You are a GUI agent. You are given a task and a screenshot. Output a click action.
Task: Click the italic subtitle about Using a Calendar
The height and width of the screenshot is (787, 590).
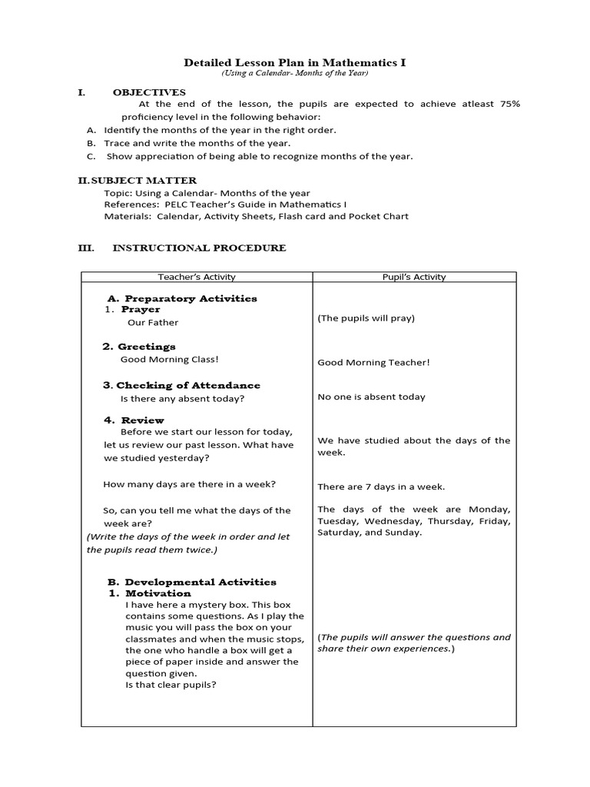coord(295,73)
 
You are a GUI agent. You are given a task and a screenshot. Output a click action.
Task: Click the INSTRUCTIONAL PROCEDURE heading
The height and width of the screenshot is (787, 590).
coord(199,248)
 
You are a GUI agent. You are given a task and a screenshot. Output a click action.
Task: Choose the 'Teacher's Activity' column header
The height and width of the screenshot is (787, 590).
coord(197,277)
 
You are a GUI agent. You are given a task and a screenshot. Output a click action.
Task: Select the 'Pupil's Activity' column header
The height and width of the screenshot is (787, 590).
coord(414,277)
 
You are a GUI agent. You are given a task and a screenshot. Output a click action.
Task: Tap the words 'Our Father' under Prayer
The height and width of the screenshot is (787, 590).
coord(153,323)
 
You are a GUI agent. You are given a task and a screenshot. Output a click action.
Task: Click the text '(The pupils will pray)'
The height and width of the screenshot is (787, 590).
coord(366,318)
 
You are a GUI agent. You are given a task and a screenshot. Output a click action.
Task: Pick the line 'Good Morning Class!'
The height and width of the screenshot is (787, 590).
coord(170,359)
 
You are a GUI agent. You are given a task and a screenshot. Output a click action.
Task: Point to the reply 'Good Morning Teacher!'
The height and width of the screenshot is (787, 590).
coord(373,363)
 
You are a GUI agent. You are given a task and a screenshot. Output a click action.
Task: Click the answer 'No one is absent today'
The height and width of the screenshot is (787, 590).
coord(371,397)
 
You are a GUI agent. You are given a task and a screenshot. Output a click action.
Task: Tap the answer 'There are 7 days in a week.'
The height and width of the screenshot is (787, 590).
coord(381,486)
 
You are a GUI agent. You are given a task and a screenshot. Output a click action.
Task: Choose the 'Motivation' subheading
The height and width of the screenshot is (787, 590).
coord(158,593)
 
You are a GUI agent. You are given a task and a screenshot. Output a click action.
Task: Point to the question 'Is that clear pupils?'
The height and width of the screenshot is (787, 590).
coord(171,684)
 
